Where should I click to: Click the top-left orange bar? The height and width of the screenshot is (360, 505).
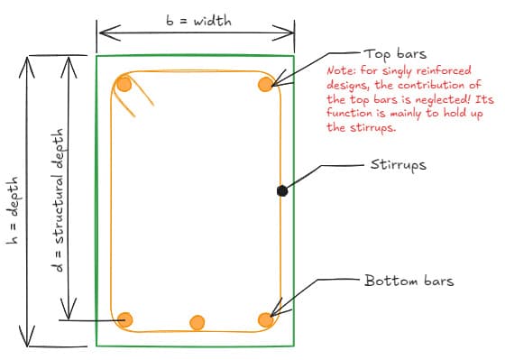coord(124,86)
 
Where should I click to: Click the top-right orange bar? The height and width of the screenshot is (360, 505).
coord(265,85)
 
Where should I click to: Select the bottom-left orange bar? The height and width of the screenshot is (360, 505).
coord(124,319)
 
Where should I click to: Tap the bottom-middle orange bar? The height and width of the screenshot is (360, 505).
coord(197,322)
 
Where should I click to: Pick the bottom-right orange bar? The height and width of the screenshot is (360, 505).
coord(265,319)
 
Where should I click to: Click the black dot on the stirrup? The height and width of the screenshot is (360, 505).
coord(282,190)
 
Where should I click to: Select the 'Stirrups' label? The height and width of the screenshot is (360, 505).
coord(399,166)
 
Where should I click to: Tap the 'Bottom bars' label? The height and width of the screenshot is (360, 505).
coord(409,282)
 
